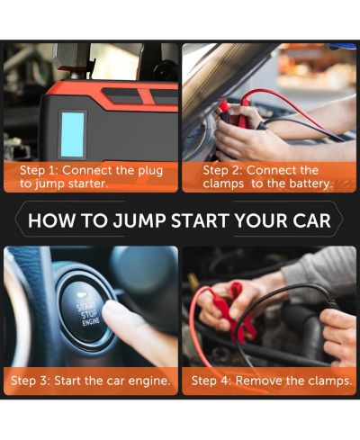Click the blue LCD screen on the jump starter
72,135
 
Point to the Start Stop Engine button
84,312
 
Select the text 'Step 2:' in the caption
222,171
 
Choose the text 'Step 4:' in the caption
211,381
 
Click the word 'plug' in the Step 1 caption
150,172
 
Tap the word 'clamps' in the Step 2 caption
223,184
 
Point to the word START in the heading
200,220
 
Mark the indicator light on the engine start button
80,294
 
